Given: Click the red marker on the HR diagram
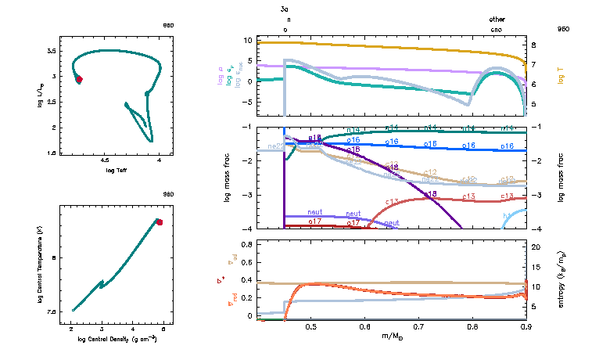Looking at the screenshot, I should tap(79, 79).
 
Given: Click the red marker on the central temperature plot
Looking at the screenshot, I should tap(160, 222).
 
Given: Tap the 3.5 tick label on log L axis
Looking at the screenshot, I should tap(51, 50).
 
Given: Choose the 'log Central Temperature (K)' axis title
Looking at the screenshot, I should tap(39, 267).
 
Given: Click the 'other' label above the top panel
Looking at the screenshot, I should tap(497, 19).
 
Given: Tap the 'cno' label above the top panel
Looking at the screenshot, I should tap(497, 29).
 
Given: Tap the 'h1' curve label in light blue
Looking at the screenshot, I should tap(507, 214).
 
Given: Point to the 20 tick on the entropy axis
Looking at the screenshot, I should tap(536, 247).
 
